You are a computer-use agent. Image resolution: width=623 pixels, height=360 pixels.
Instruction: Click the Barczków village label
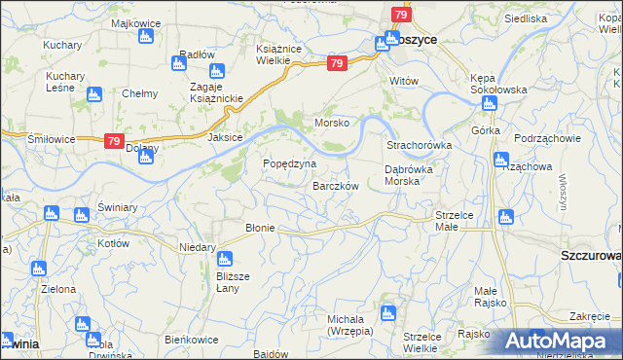pyautogui.click(x=336, y=186)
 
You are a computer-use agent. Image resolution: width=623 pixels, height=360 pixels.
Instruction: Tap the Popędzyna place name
pyautogui.click(x=289, y=163)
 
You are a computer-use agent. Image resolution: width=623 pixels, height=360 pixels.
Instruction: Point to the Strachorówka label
pyautogui.click(x=419, y=146)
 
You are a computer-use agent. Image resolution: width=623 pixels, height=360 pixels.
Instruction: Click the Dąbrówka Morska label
pyautogui.click(x=415, y=174)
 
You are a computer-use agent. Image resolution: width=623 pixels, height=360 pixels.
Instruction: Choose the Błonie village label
pyautogui.click(x=261, y=228)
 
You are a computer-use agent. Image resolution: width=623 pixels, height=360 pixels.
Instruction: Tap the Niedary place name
pyautogui.click(x=198, y=247)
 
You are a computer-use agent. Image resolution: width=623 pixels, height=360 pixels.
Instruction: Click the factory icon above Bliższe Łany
pyautogui.click(x=224, y=259)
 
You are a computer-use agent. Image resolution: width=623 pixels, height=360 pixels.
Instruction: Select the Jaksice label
pyautogui.click(x=225, y=138)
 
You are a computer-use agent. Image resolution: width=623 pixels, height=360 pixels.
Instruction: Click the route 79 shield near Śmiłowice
pyautogui.click(x=114, y=141)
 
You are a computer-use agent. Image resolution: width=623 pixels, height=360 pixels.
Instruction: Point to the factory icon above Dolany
pyautogui.click(x=144, y=158)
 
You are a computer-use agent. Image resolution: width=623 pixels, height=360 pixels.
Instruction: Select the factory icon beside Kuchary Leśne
pyautogui.click(x=93, y=94)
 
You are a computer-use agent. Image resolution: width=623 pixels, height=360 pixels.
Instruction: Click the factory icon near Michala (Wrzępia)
pyautogui.click(x=388, y=313)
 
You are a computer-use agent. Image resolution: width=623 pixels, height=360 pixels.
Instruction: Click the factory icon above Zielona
pyautogui.click(x=39, y=269)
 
